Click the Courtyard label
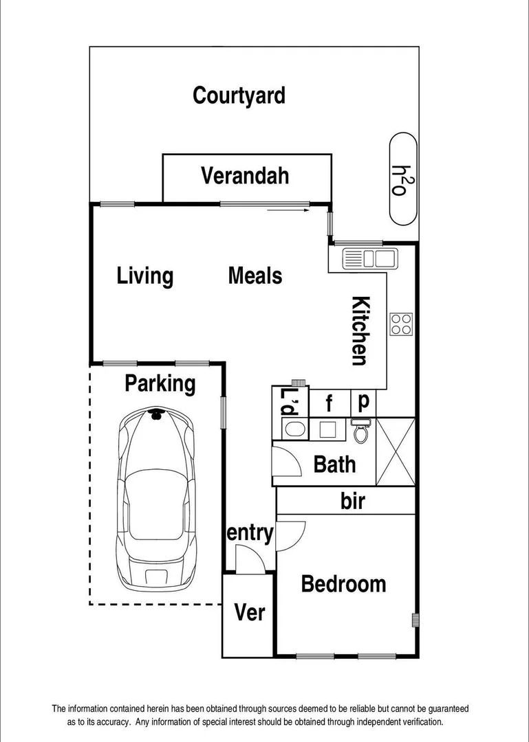tap(239, 95)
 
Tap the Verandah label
tap(245, 176)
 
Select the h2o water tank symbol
tap(403, 179)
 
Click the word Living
tap(144, 276)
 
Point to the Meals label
tap(255, 276)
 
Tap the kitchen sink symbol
tap(369, 259)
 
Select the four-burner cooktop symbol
tap(401, 324)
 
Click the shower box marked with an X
tap(396, 451)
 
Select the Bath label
tap(335, 464)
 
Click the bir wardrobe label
tap(353, 501)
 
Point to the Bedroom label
tap(343, 584)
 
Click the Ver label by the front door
tap(250, 611)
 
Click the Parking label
tap(160, 383)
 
